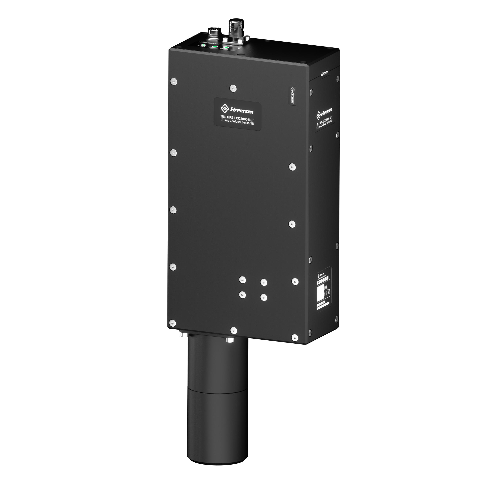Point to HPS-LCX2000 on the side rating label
pos(322,281)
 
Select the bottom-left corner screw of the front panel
pos(172,323)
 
